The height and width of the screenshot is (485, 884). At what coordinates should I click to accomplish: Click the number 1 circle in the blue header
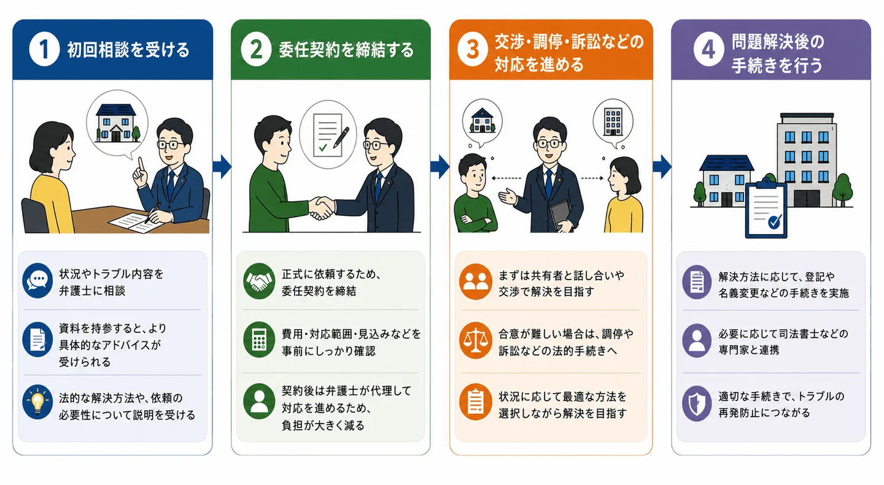[x=44, y=49]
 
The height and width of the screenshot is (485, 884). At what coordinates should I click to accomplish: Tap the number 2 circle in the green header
[x=256, y=49]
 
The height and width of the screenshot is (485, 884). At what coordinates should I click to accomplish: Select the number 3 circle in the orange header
[x=473, y=50]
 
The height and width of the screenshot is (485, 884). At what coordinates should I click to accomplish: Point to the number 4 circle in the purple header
[x=709, y=50]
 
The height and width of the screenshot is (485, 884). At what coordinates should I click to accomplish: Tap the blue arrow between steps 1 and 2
[x=222, y=167]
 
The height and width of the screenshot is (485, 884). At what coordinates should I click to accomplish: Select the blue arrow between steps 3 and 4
[x=662, y=167]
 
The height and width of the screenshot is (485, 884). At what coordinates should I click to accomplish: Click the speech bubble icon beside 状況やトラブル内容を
[x=37, y=280]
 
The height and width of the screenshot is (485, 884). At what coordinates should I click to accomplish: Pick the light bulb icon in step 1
[x=37, y=402]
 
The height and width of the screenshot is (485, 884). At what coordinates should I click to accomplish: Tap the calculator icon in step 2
[x=259, y=340]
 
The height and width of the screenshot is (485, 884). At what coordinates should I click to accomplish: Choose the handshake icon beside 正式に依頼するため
[x=259, y=281]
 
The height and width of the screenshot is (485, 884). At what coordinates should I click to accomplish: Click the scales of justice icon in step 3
[x=475, y=341]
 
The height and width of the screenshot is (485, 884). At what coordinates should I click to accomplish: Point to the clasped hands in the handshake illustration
[x=322, y=208]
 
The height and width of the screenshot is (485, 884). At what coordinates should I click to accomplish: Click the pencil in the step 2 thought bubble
[x=341, y=137]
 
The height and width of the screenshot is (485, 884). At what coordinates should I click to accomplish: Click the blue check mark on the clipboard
[x=775, y=221]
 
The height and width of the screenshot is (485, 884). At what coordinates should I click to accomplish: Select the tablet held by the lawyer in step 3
[x=560, y=215]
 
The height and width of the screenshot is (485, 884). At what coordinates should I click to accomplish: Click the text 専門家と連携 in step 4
[x=749, y=349]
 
